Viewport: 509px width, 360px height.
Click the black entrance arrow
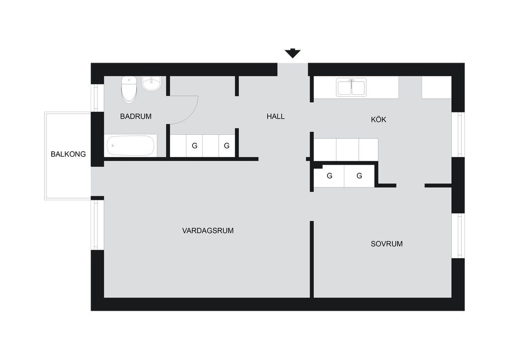click(292, 53)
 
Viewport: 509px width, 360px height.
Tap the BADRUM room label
click(136, 116)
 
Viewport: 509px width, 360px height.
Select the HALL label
click(275, 116)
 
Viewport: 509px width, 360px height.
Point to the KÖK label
click(378, 119)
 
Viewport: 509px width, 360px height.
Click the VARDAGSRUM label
click(208, 231)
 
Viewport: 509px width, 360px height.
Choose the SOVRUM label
click(387, 244)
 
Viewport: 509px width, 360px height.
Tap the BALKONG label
click(68, 154)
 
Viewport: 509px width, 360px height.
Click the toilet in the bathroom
click(129, 90)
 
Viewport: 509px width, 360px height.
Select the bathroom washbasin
click(151, 84)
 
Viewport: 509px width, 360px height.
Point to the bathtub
click(131, 145)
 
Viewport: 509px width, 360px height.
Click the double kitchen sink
click(351, 88)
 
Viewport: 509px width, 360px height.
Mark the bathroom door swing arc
click(189, 115)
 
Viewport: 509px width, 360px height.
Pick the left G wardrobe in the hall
click(194, 146)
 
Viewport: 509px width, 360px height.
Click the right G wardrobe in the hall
click(227, 146)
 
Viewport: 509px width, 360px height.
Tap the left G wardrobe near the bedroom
click(329, 176)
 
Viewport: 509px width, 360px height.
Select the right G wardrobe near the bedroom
click(359, 176)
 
